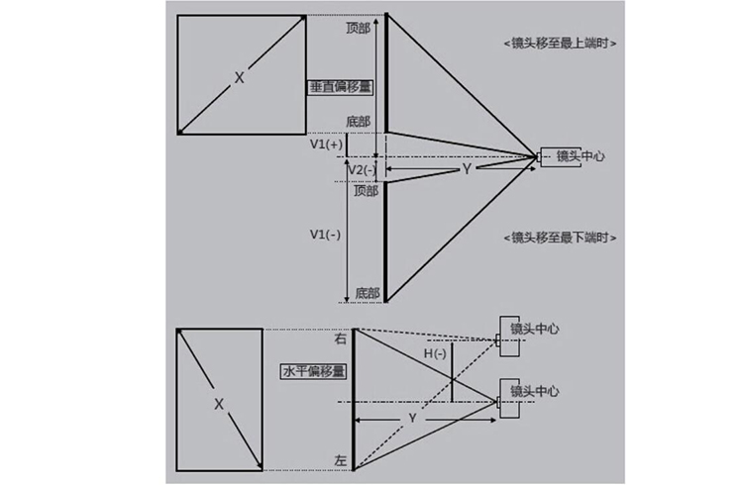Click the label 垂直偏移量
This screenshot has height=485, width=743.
pos(340,87)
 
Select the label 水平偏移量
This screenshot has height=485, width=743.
pos(313,372)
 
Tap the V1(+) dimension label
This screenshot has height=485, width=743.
pos(327,145)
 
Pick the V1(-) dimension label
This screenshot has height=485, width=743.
pos(326,235)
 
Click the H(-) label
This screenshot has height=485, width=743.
pos(436,353)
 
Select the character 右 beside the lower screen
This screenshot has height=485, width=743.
pos(341,339)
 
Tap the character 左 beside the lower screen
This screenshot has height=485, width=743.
pos(341,461)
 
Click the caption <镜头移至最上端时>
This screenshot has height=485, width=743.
pos(562,44)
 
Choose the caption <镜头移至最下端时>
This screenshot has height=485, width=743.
pos(562,238)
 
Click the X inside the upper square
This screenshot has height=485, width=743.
pos(239,76)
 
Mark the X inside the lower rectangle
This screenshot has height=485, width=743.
pos(219,404)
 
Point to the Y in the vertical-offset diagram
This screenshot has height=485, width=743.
pos(466,170)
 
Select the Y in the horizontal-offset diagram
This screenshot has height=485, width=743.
pos(412,419)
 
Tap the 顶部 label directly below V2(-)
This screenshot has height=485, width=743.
pos(365,190)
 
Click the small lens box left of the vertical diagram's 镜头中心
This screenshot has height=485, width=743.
pos(546,156)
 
